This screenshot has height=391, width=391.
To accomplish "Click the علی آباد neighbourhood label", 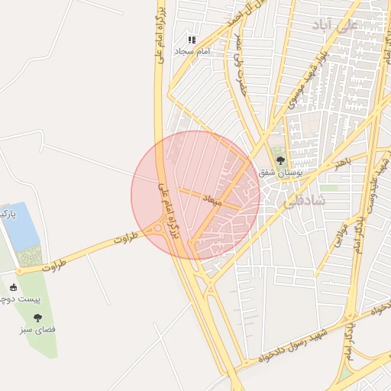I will tap(334, 26).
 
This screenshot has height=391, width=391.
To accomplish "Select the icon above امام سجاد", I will tap(192, 39).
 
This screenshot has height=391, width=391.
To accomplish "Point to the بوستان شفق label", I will tap(281, 173).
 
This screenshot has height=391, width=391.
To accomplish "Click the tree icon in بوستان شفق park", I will tap(280, 160).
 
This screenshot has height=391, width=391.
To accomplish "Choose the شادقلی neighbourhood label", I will tap(304, 202).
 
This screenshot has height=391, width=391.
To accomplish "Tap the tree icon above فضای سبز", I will tap(37, 317).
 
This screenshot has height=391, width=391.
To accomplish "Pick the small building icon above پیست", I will tap(14, 287).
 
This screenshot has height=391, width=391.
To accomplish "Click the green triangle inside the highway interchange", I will tap(345, 373).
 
